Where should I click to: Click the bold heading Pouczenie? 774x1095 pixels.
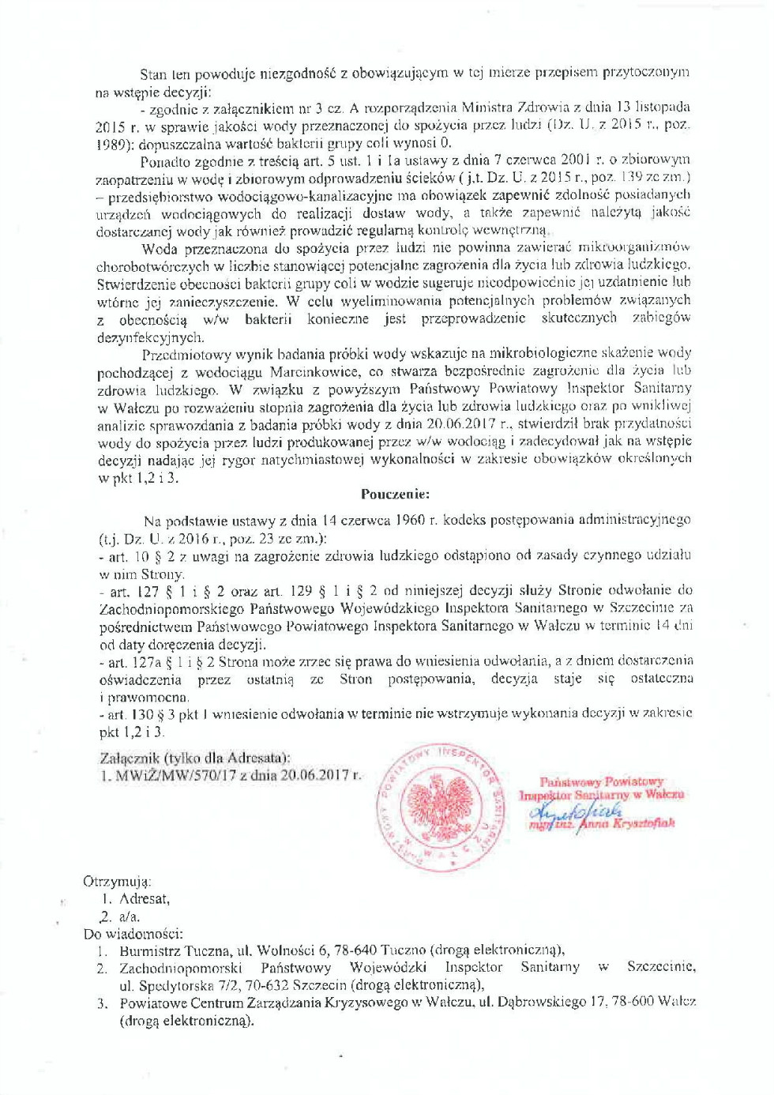click(x=395, y=495)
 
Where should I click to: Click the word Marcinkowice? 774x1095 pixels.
click(x=316, y=371)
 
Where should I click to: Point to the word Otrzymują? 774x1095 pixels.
click(x=117, y=882)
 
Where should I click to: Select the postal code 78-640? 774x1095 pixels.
click(x=351, y=950)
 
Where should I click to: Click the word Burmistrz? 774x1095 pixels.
click(x=152, y=950)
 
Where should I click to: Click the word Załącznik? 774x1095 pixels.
click(x=130, y=758)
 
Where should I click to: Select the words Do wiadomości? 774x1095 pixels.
click(x=133, y=934)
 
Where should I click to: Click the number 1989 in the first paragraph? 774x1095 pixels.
click(x=110, y=145)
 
